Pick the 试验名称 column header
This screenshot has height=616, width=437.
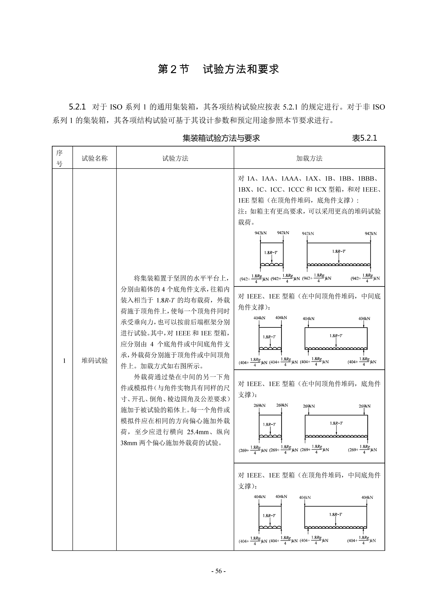click(94, 158)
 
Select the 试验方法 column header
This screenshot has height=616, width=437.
click(175, 158)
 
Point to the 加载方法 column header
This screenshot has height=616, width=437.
click(309, 158)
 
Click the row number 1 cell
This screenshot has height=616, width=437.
click(64, 361)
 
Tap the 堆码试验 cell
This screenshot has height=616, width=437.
click(94, 361)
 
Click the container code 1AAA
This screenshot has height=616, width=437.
click(290, 178)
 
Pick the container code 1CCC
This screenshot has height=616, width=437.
click(296, 189)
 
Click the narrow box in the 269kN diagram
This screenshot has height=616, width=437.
click(270, 426)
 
